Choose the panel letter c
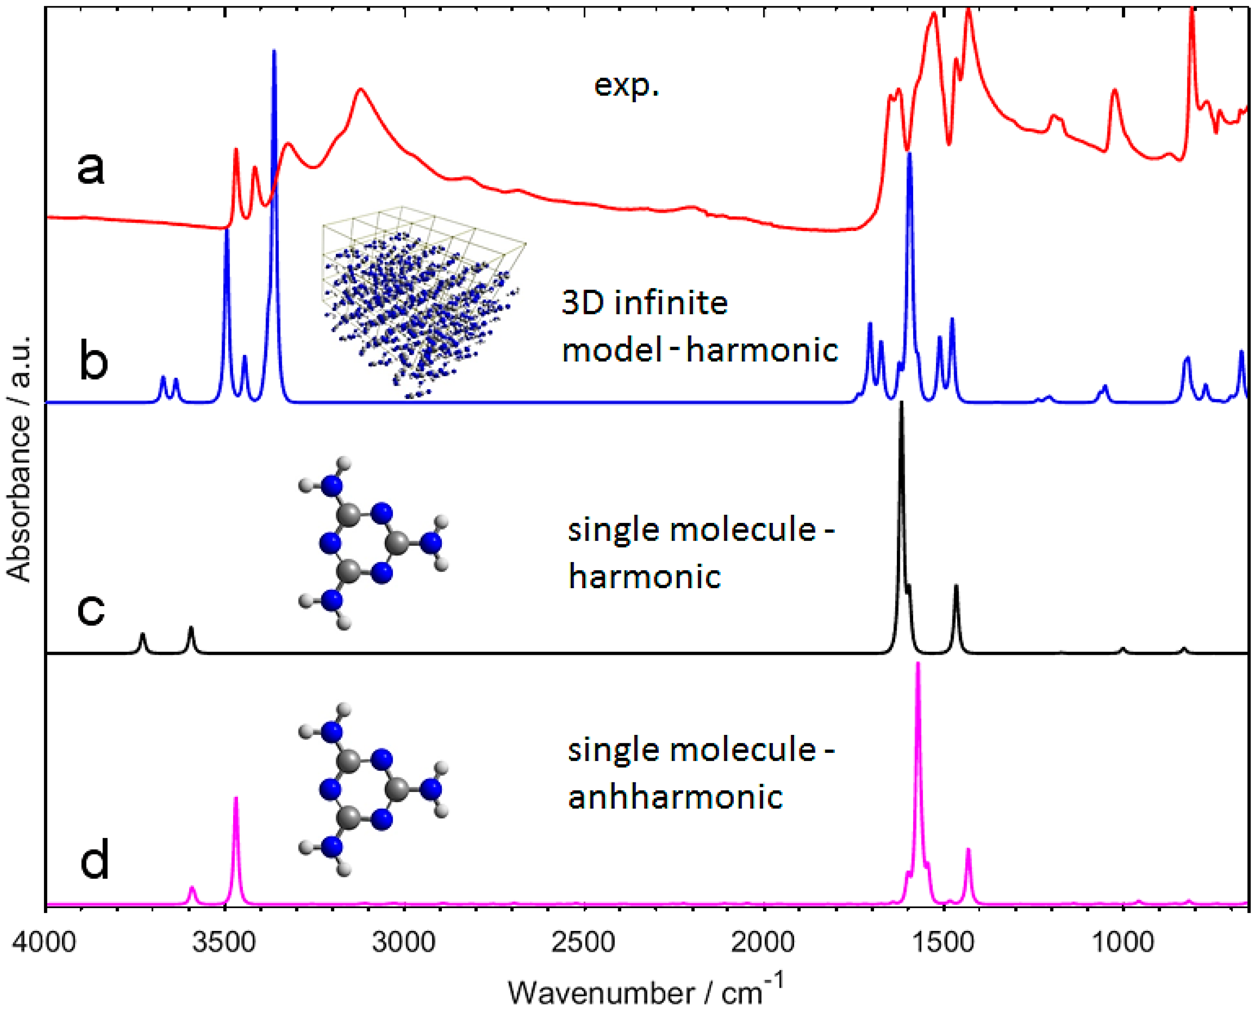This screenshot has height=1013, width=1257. [x=91, y=608]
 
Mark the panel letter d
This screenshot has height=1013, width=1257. [x=94, y=861]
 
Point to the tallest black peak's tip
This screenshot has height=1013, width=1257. [x=901, y=404]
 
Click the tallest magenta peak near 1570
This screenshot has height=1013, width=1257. [x=918, y=664]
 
